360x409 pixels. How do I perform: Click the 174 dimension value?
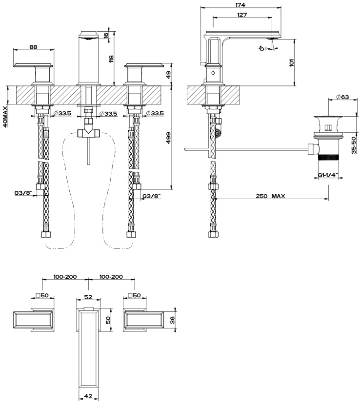[x=240, y=5]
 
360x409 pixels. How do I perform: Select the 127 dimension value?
[x=242, y=15]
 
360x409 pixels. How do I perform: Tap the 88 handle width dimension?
[x=33, y=47]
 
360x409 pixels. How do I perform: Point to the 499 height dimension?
[x=168, y=138]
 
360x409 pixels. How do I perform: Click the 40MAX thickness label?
[x=5, y=115]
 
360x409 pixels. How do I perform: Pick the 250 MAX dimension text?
[x=270, y=196]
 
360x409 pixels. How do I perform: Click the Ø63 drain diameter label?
[x=342, y=97]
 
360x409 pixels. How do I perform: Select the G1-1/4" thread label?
[x=328, y=175]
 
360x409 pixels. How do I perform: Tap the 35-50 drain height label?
[x=354, y=145]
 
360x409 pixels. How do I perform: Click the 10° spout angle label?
[x=262, y=48]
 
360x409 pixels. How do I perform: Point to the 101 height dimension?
[x=291, y=62]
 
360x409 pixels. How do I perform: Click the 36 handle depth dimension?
[x=172, y=321]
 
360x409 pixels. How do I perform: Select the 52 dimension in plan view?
[x=88, y=297]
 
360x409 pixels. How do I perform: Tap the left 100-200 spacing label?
[x=65, y=276]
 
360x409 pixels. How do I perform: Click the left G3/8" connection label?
[x=23, y=193]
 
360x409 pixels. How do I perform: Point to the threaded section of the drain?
[x=328, y=157]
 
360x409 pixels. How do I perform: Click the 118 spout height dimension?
[x=111, y=59]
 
